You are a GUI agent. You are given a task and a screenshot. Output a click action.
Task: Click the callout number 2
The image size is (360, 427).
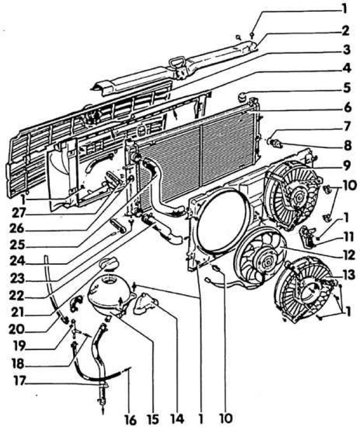coord(345,31)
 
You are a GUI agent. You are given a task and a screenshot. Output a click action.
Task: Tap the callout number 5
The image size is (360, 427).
coord(347,88)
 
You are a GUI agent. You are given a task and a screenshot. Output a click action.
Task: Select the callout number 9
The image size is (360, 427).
coord(347,165)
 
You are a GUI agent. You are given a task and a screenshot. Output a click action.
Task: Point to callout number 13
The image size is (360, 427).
coord(349,275)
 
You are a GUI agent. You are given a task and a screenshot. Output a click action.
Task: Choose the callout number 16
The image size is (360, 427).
coord(130,420)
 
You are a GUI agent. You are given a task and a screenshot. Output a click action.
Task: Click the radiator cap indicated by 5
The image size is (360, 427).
coord(242,96)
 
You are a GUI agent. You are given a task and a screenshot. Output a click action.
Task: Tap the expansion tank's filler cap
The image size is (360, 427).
coord(108,264)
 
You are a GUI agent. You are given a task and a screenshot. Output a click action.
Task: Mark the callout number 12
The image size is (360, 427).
coord(348,255)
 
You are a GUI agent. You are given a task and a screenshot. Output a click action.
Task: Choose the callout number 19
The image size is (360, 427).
coord(20,345)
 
